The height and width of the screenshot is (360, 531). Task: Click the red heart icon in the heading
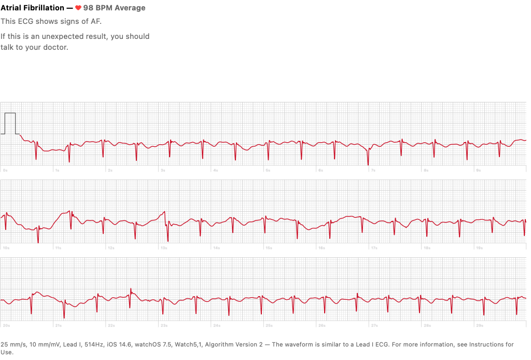tap(78, 8)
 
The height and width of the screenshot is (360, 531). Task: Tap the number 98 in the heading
tap(89, 8)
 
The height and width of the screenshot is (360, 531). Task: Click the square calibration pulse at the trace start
tap(10, 123)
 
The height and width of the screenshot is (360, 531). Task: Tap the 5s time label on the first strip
tap(268, 170)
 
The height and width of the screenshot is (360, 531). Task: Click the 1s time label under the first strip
tap(57, 170)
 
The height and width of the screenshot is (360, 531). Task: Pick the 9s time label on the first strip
tap(479, 170)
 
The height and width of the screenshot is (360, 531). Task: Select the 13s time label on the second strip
tap(164, 248)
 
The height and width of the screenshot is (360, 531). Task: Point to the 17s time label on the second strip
tap(374, 248)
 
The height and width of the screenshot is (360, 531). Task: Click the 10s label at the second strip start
tap(6, 248)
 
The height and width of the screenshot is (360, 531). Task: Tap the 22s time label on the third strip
tap(111, 326)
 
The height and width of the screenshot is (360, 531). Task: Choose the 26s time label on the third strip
tap(322, 326)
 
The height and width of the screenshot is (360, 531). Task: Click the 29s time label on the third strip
tap(480, 326)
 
